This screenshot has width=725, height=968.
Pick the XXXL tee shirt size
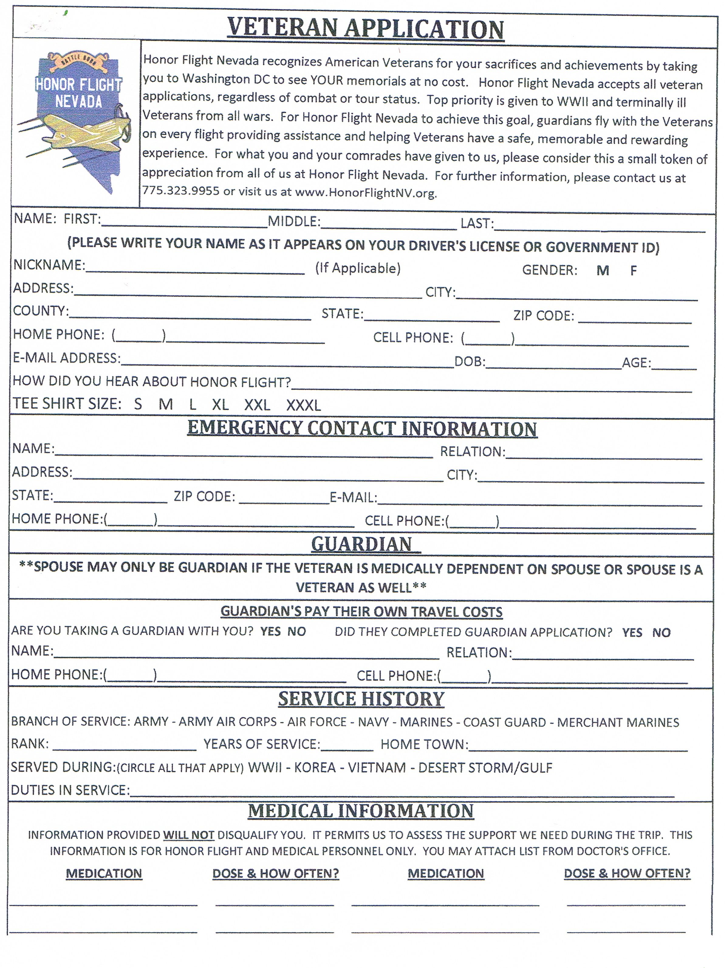pos(303,405)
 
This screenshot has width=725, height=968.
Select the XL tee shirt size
pos(220,404)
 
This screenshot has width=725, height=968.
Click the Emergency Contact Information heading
pos(362,429)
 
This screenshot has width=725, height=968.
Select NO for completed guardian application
pos(661,632)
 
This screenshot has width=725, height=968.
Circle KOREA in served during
pos(315,768)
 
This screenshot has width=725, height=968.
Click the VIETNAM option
pos(377,768)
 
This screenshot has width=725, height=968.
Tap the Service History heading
pos(361,699)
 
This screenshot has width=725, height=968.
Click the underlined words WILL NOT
pos(189,835)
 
